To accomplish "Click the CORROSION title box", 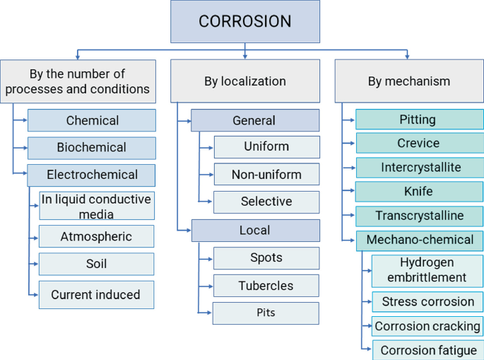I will (x=244, y=21).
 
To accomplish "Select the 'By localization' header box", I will (x=244, y=81).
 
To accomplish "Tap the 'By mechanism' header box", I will (x=408, y=81).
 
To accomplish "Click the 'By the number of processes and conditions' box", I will (x=78, y=81).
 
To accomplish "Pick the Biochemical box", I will (x=92, y=148).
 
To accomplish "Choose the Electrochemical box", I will (x=92, y=175).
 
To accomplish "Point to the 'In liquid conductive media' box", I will (x=96, y=206).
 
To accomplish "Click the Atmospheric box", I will (x=96, y=236).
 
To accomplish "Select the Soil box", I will (x=96, y=264).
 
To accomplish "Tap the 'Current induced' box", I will (x=96, y=295).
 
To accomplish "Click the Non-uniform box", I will (x=266, y=174).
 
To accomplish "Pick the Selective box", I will (x=266, y=202).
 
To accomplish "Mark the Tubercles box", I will (x=266, y=286).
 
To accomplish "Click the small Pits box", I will (x=266, y=313).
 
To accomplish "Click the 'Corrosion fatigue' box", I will (x=427, y=350).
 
